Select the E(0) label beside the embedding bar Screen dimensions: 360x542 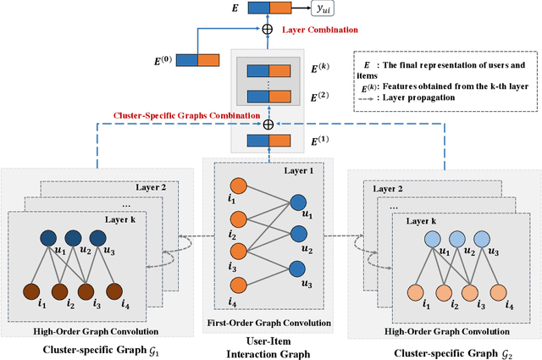pyautogui.click(x=158, y=58)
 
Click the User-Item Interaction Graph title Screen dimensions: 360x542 pyautogui.click(x=267, y=346)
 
